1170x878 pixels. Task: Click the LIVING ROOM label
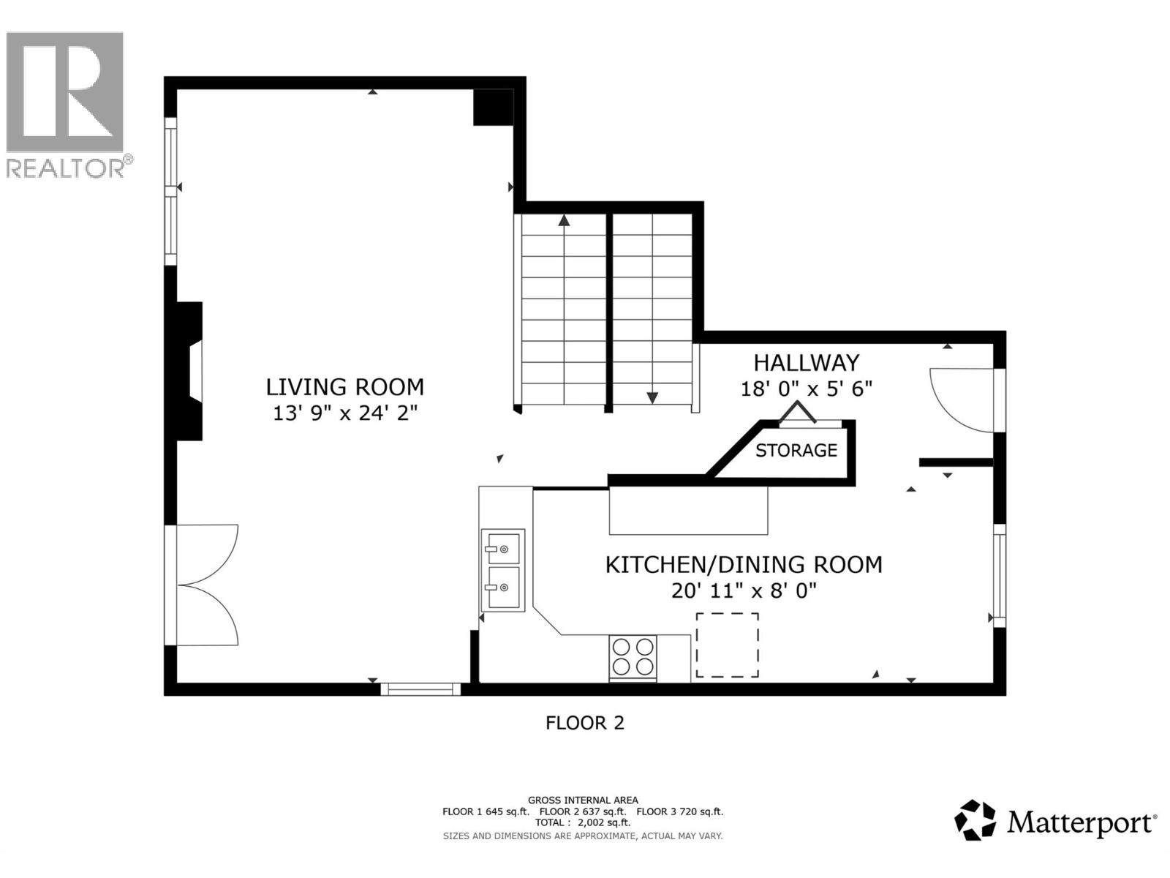344,386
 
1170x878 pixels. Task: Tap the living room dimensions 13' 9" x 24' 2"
344,413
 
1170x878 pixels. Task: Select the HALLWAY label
806,362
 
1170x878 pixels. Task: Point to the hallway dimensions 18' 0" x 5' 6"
806,389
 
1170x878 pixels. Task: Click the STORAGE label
796,450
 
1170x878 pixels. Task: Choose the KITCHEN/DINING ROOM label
743,564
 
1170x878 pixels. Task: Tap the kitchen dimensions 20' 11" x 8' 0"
743,590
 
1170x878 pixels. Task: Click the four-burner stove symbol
633,657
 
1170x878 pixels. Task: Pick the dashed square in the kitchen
727,645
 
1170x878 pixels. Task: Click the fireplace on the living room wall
189,371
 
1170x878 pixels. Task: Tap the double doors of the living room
207,585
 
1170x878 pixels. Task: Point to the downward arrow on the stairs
652,398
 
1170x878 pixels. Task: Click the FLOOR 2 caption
584,723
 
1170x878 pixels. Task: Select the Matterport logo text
1080,823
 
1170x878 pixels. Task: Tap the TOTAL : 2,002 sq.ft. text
582,822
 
